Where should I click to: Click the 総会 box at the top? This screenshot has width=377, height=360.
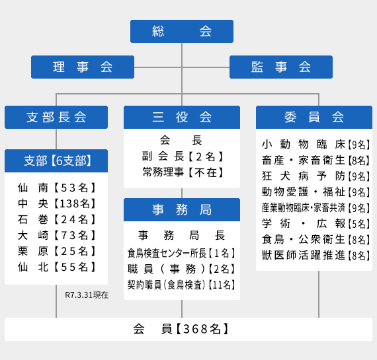(x=182, y=32)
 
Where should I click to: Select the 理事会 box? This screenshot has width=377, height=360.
(x=83, y=67)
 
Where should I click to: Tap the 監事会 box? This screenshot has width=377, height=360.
(x=281, y=67)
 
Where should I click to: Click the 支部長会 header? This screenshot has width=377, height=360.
(x=56, y=117)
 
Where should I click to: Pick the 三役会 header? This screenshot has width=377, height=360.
(x=182, y=117)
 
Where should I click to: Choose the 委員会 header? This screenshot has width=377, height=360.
(x=314, y=117)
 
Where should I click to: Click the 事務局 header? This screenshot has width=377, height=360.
(x=182, y=209)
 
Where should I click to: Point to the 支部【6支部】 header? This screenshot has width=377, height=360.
(x=56, y=161)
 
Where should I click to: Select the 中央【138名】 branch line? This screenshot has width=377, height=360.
(x=57, y=203)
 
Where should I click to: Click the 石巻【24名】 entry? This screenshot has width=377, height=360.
(x=57, y=219)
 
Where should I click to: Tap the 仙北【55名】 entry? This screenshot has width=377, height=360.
(x=57, y=267)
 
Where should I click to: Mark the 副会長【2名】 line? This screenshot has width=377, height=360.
(x=183, y=157)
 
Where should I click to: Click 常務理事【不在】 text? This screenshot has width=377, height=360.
(x=183, y=172)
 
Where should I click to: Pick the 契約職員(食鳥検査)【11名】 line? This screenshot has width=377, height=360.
(x=181, y=285)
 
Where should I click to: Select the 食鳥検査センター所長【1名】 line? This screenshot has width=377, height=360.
(x=181, y=253)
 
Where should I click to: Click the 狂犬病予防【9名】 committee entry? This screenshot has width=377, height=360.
(x=316, y=176)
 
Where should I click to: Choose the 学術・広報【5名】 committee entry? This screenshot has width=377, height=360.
(x=316, y=224)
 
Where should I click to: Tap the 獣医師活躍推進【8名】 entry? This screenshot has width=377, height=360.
(x=316, y=255)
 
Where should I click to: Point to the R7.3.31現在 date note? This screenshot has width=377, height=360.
(x=87, y=295)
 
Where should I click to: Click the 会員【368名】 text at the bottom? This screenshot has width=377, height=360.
(x=181, y=329)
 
